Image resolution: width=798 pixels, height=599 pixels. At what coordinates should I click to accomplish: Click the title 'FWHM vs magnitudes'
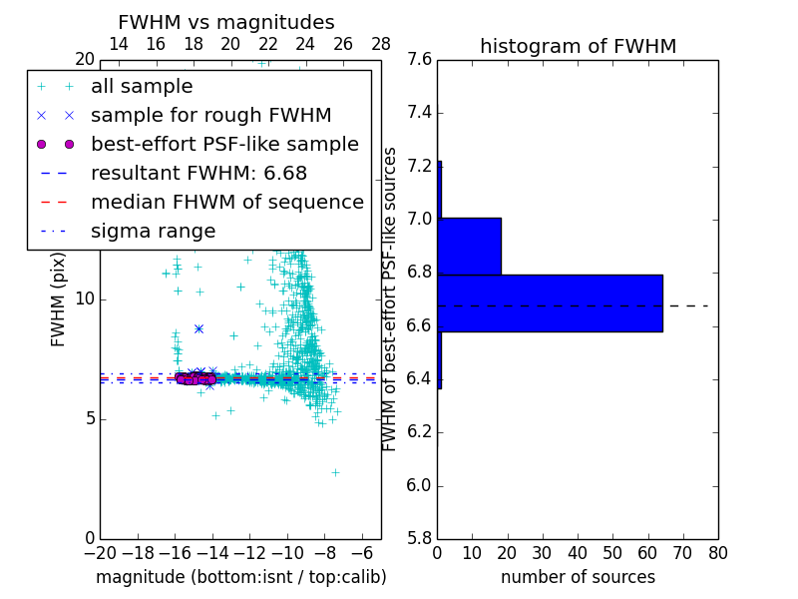click(x=226, y=23)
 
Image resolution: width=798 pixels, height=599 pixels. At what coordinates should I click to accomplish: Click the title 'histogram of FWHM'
click(x=578, y=46)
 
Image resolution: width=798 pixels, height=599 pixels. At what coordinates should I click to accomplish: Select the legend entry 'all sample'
click(x=142, y=87)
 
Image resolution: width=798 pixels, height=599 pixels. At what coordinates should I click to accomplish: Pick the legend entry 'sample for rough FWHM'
click(x=210, y=116)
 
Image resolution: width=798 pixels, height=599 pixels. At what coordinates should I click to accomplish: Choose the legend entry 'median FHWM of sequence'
click(x=226, y=202)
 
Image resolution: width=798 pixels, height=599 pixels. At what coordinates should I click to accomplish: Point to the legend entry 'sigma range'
click(x=153, y=231)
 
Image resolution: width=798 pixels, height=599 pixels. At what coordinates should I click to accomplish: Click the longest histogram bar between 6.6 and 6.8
click(x=550, y=302)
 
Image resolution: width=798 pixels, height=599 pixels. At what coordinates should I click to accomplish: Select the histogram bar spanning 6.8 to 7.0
click(x=469, y=246)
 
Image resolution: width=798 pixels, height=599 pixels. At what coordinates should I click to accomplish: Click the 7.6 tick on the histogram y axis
click(x=421, y=60)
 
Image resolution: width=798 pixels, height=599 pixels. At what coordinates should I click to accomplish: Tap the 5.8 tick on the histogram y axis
click(x=421, y=539)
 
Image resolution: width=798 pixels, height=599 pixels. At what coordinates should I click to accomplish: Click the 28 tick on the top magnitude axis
click(x=381, y=44)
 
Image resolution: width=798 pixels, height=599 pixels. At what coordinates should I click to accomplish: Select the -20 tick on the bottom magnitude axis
click(x=100, y=553)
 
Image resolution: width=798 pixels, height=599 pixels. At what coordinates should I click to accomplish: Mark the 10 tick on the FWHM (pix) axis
click(x=85, y=299)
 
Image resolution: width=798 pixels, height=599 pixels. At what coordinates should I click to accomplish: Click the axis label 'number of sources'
click(x=578, y=577)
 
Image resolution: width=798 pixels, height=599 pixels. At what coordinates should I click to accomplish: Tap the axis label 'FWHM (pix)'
click(x=59, y=299)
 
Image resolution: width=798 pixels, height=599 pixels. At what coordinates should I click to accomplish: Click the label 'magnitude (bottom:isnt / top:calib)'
click(x=240, y=577)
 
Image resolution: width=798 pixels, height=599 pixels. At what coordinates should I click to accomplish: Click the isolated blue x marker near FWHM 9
click(x=199, y=328)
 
